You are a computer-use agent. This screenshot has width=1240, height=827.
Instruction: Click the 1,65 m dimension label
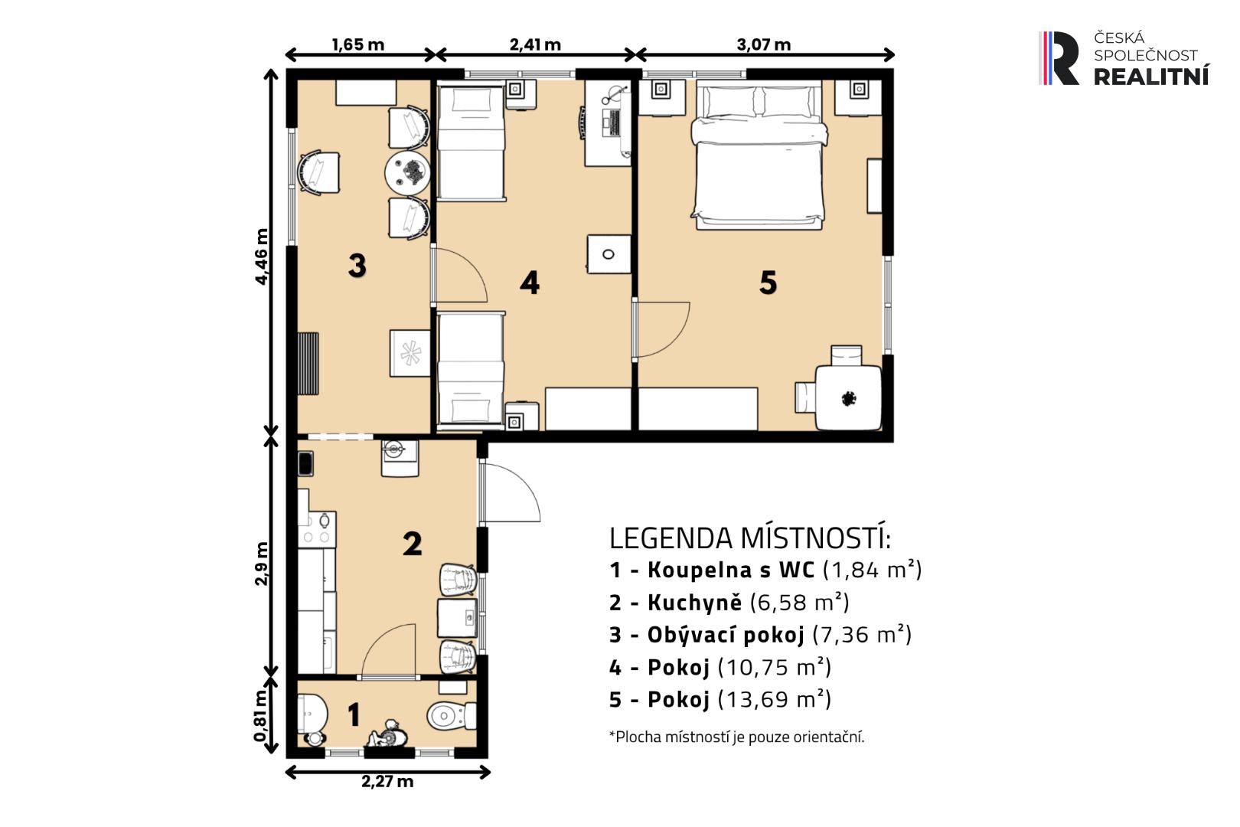tap(357, 44)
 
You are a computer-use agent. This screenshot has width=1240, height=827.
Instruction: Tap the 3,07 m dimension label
tap(763, 44)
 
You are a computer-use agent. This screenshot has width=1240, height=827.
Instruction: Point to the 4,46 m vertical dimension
tap(261, 257)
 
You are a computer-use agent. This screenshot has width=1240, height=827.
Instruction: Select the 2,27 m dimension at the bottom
tap(387, 781)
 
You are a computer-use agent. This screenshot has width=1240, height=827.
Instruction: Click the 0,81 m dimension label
tap(260, 716)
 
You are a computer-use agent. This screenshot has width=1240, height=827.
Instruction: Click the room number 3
tap(357, 265)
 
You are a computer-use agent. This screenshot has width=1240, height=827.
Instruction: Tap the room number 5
tap(768, 283)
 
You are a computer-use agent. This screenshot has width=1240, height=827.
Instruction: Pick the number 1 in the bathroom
tap(353, 714)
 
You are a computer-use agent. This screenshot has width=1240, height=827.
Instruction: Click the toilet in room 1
tap(452, 716)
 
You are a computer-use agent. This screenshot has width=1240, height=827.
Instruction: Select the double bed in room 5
tap(759, 155)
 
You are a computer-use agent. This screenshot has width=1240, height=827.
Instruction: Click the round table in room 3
tap(407, 172)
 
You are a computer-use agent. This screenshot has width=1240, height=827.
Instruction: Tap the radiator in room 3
tap(308, 364)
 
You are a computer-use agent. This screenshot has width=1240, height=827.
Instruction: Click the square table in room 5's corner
tap(849, 397)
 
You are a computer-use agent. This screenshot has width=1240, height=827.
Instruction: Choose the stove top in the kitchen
tap(317, 529)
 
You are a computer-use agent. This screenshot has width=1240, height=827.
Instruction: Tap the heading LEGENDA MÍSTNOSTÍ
tap(750, 538)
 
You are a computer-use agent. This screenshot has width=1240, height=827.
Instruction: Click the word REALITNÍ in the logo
tap(1151, 77)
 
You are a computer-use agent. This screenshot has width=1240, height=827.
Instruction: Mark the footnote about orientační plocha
tap(737, 737)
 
